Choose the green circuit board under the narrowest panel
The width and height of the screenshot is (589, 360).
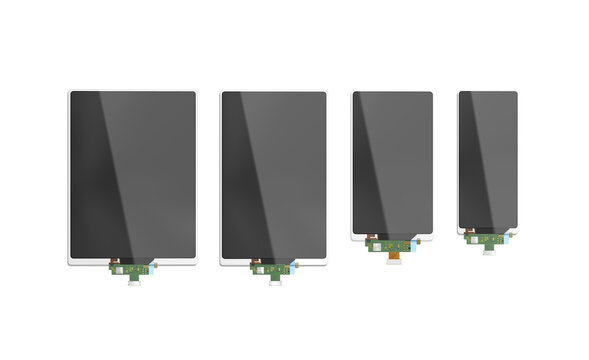[488, 239]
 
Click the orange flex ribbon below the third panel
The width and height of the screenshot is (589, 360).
[395, 251]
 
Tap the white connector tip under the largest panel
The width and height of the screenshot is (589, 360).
[134, 281]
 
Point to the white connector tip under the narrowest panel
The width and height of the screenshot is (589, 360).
[489, 251]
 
